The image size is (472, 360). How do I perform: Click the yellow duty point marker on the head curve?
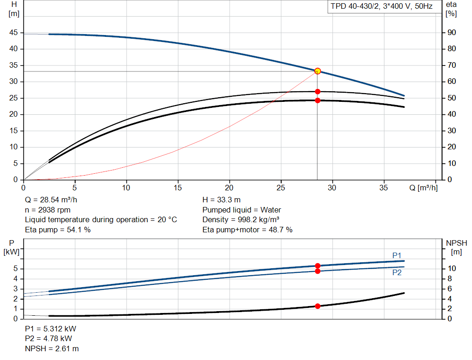317,71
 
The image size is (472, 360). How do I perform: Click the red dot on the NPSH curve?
318,306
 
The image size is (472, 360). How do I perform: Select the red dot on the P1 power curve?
318,266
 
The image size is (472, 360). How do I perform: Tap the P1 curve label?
397,255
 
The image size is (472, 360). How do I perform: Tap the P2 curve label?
397,273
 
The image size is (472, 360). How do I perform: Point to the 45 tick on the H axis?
13,33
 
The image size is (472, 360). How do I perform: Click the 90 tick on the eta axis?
452,33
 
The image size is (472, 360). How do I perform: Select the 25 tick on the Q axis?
281,188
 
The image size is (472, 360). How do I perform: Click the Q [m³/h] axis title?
423,188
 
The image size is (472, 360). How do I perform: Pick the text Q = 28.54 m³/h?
51,200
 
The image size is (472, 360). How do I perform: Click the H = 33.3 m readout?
221,200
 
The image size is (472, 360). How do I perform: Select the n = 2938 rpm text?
47,210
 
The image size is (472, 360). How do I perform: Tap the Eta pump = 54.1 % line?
58,230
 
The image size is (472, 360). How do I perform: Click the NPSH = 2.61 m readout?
52,348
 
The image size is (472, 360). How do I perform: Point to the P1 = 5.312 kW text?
51,329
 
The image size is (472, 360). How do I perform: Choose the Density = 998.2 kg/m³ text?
241,220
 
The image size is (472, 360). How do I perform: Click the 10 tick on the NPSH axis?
452,268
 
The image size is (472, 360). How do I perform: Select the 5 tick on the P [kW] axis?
16,268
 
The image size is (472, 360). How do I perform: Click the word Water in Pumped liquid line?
271,210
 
